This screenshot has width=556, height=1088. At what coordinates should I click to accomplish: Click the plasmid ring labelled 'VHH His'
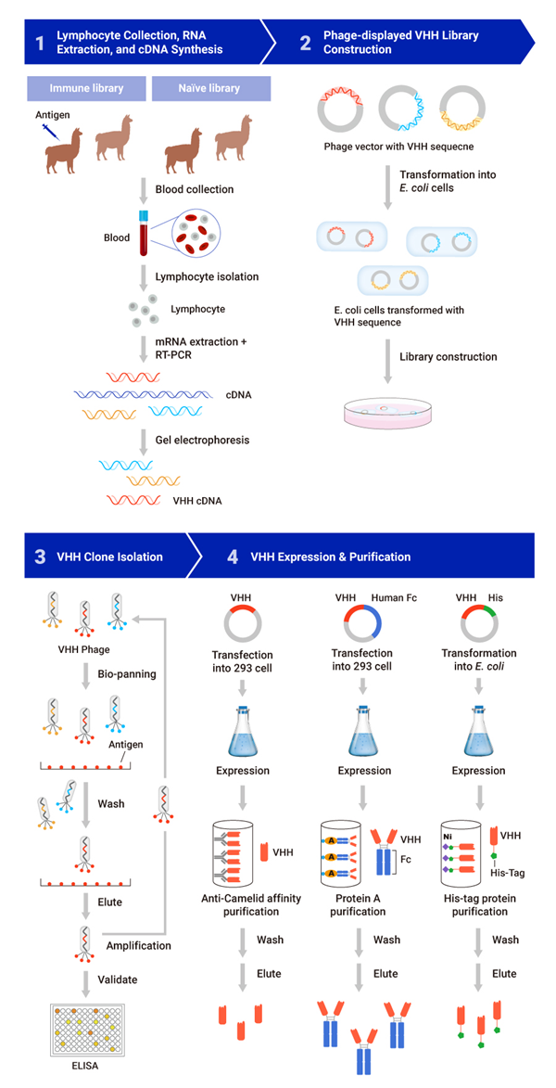(x=478, y=627)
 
